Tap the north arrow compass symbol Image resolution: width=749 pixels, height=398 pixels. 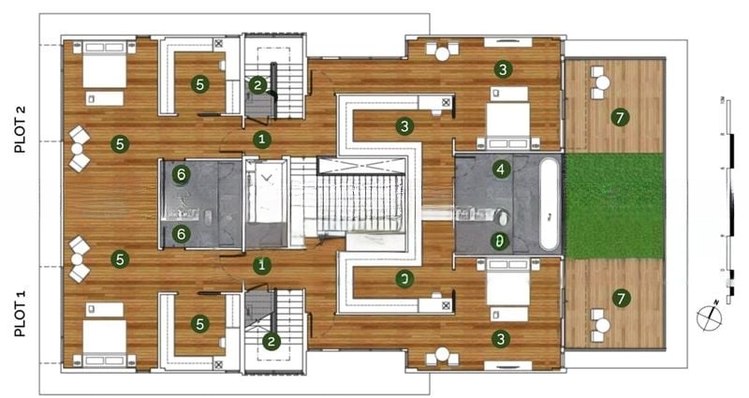click(x=710, y=316)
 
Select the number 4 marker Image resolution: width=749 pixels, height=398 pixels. click(x=502, y=170)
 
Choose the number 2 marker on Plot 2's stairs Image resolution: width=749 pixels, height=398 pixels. click(x=258, y=85)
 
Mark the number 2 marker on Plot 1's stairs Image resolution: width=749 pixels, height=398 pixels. click(x=272, y=342)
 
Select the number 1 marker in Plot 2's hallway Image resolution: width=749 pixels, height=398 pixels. click(x=263, y=140)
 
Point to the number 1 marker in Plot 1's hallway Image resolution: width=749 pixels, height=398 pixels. click(x=263, y=265)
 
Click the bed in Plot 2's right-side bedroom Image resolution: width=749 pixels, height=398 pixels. click(x=507, y=118)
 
